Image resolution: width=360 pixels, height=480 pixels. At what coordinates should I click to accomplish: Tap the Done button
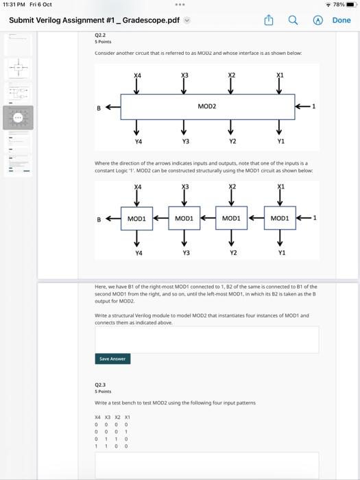point(341,21)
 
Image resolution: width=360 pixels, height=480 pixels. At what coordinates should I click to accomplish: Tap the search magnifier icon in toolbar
point(293,21)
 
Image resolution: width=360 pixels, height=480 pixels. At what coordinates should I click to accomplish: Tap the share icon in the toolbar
point(269,21)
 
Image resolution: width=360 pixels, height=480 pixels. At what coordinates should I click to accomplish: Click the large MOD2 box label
point(206,106)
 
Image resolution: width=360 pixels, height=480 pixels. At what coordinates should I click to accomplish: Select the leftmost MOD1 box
point(136,219)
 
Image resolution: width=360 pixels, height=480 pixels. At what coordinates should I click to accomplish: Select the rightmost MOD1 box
point(279,219)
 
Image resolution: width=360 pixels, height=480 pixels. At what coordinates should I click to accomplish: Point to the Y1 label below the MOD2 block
point(279,141)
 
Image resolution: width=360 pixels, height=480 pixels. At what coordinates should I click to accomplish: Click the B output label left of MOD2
point(99,108)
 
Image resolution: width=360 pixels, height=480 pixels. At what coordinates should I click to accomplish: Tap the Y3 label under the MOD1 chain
point(183,253)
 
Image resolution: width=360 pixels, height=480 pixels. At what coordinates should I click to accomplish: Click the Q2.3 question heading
point(100,385)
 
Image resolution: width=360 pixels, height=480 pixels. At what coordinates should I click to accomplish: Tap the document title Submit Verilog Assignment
point(94,21)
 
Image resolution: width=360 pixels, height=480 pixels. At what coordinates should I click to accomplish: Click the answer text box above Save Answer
point(206,339)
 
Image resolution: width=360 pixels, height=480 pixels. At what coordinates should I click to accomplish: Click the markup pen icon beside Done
point(317,21)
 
